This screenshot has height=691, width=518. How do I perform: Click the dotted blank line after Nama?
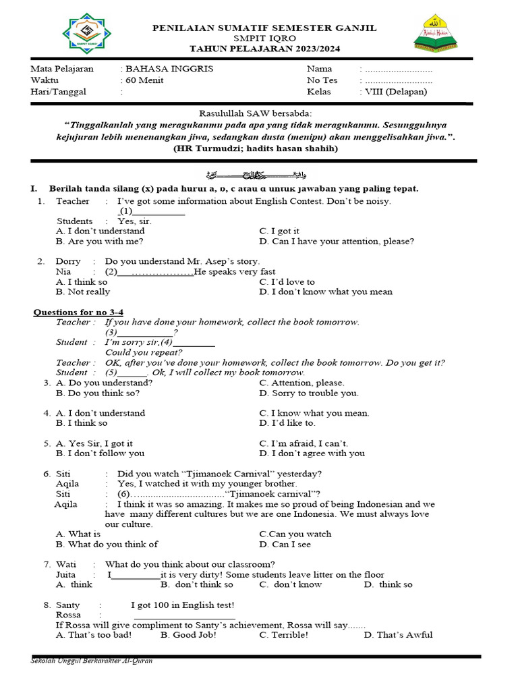click(398, 69)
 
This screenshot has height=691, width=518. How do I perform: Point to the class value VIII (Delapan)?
click(396, 92)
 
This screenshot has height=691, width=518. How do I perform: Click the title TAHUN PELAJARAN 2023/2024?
click(264, 49)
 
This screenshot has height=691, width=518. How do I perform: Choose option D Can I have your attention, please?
click(337, 241)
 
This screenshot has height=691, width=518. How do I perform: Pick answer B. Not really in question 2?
click(83, 292)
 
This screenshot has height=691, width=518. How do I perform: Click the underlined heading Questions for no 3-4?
click(79, 312)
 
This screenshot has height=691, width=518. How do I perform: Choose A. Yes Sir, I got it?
click(94, 443)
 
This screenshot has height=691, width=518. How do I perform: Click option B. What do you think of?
click(107, 544)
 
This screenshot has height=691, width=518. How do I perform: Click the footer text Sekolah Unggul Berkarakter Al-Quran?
click(92, 661)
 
